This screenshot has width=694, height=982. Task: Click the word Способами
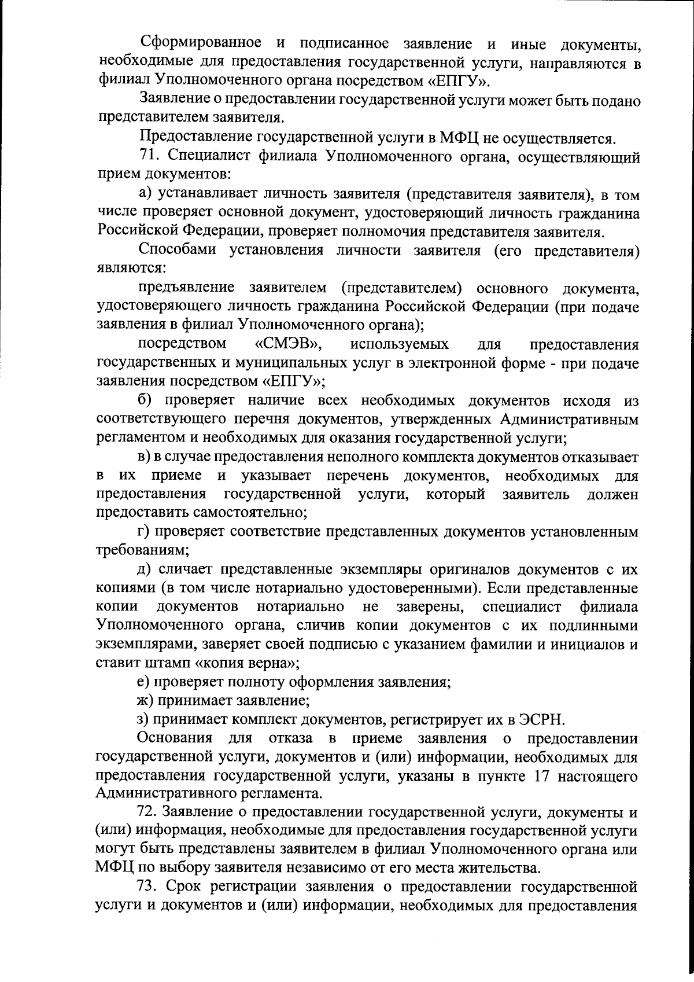177,251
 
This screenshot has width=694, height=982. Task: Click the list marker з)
143,720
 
